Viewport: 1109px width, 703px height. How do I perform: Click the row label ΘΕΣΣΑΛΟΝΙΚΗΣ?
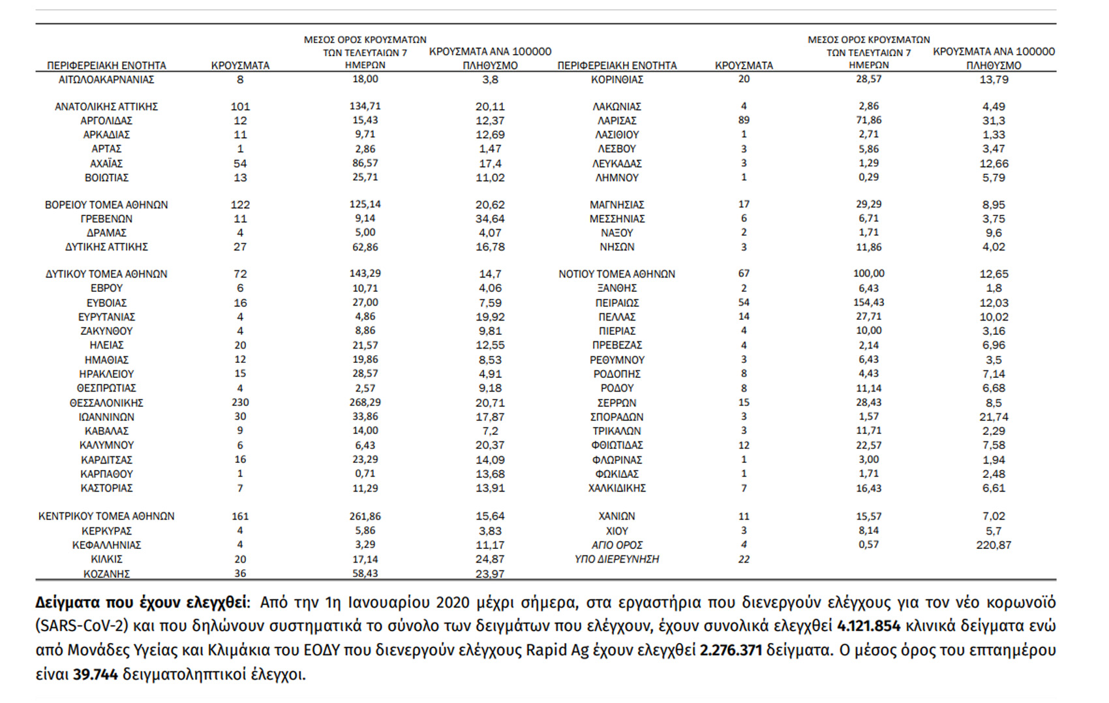click(106, 403)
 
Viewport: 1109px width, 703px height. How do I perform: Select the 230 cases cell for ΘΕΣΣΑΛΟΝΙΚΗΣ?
click(240, 403)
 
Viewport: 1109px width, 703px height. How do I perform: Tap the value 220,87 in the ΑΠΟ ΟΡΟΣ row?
click(994, 545)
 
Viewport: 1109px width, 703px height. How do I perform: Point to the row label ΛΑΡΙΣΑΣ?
click(616, 121)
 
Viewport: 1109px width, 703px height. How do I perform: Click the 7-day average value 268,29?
click(365, 403)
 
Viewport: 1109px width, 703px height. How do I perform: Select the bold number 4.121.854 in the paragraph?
click(868, 626)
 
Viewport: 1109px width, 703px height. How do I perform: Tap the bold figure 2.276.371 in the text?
click(731, 650)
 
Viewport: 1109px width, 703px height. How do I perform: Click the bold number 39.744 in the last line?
click(95, 674)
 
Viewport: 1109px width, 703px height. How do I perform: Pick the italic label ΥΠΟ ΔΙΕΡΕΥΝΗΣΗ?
click(616, 559)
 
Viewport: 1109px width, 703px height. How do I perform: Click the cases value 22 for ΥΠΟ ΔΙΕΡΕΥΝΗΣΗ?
click(744, 559)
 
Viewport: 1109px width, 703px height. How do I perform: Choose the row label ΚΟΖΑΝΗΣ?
click(106, 574)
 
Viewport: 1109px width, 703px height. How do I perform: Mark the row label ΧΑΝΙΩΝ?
click(616, 516)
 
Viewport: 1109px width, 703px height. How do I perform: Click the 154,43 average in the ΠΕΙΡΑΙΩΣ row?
click(868, 302)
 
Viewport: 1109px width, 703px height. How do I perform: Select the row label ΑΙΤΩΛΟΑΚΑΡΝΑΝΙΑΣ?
click(106, 80)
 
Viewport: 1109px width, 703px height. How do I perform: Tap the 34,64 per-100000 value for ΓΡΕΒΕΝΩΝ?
click(490, 219)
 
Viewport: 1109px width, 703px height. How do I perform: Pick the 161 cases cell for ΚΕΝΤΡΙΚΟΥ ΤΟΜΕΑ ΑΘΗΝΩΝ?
click(240, 516)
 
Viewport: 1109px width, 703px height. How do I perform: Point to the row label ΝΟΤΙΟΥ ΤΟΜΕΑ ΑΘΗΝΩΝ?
click(616, 274)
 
